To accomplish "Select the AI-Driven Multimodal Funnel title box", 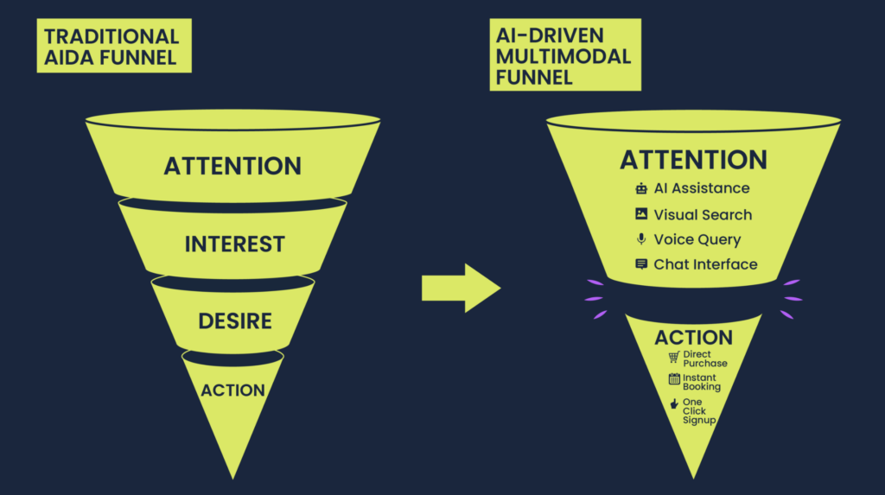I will [x=565, y=57].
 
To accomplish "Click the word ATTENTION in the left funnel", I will [x=232, y=165].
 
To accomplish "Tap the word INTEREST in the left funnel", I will [x=234, y=244].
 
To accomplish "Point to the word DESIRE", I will [x=235, y=321].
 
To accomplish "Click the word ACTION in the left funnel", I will [x=232, y=390].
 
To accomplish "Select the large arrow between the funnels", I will [x=460, y=288].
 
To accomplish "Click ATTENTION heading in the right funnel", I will [x=693, y=160].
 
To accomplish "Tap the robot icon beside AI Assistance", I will [x=641, y=188].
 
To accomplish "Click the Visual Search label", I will [x=703, y=214].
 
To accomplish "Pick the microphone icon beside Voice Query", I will [x=641, y=239].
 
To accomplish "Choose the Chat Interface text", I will [x=705, y=264].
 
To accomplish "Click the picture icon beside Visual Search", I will [x=641, y=214].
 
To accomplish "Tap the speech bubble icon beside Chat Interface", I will [x=641, y=264].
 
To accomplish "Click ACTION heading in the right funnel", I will [x=693, y=338].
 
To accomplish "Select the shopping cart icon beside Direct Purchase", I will [x=674, y=358].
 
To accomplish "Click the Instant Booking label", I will [x=701, y=382].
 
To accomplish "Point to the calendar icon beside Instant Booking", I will [x=674, y=379].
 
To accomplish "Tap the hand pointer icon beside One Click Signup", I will [x=674, y=403].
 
